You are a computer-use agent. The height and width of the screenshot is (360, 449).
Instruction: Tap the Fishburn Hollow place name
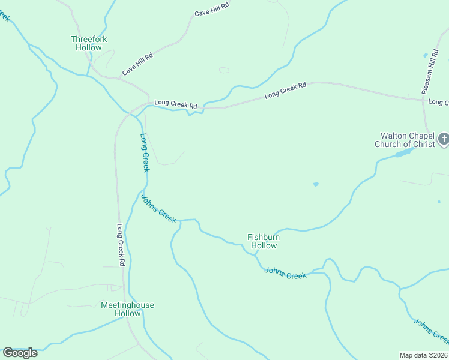click(x=264, y=241)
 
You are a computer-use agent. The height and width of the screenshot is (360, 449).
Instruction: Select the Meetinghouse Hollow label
click(x=127, y=309)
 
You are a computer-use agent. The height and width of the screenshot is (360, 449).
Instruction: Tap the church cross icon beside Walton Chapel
click(x=444, y=140)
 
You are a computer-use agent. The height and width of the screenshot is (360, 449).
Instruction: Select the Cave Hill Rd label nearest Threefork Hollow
click(x=138, y=64)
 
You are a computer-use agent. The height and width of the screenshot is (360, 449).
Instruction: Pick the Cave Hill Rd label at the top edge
click(x=212, y=10)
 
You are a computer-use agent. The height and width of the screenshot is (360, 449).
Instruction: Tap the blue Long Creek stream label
click(x=145, y=152)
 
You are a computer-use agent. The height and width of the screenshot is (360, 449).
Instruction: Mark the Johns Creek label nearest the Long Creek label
click(x=159, y=208)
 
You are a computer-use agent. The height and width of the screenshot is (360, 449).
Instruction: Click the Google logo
click(x=20, y=352)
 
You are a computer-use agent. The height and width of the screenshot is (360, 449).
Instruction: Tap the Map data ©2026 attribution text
click(x=424, y=355)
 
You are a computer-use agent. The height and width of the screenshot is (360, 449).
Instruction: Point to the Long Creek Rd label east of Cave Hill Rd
click(x=285, y=90)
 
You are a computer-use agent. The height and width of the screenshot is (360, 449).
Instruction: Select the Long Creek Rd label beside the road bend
click(x=175, y=104)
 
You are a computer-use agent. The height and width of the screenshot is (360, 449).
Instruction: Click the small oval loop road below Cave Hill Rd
click(x=224, y=70)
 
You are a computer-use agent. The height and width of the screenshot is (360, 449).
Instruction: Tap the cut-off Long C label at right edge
click(x=438, y=103)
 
